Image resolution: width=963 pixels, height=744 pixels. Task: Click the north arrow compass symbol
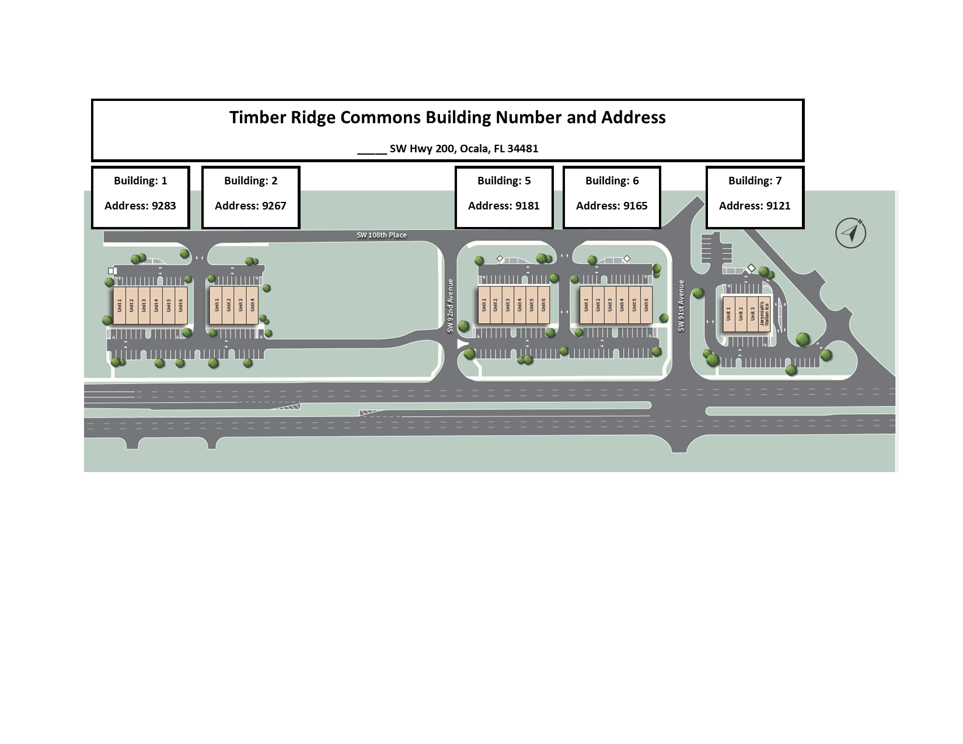point(850,233)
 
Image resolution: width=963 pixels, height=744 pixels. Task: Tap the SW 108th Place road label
point(382,235)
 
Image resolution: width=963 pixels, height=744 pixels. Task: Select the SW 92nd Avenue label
point(450,306)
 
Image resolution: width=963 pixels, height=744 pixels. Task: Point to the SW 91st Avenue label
point(681,306)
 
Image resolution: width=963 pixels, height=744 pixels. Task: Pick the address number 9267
point(274,205)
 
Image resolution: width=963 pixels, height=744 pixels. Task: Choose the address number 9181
point(527,205)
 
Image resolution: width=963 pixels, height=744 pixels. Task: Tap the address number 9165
point(635,205)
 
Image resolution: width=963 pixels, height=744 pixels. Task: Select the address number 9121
point(778,205)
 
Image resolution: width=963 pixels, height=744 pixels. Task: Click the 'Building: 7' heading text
point(755,181)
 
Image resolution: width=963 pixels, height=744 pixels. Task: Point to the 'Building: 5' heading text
point(504,181)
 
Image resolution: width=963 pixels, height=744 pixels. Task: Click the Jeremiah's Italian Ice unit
point(765,314)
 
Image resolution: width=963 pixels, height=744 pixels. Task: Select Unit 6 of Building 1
point(181,305)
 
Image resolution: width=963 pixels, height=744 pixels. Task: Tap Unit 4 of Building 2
point(252,305)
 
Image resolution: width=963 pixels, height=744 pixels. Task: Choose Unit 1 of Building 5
point(484,305)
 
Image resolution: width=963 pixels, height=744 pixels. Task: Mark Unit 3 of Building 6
point(610,305)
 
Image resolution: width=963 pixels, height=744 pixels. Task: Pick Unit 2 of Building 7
point(741,314)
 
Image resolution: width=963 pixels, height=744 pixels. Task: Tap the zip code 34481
point(523,148)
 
